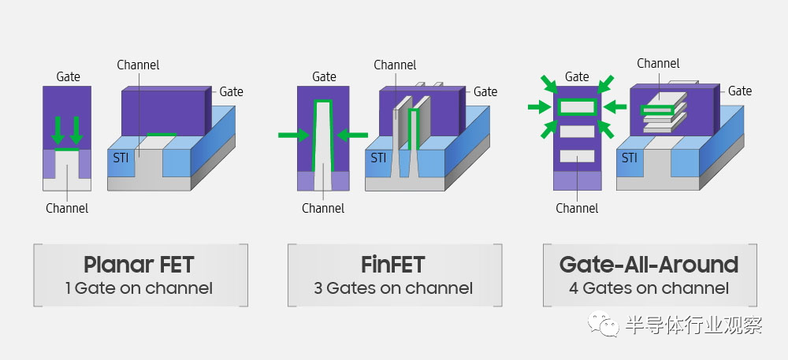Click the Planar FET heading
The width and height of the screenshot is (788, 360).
[139, 265]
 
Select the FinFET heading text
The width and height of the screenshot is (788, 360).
[393, 265]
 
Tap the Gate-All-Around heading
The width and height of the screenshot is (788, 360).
[649, 265]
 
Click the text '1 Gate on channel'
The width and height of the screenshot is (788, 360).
[139, 288]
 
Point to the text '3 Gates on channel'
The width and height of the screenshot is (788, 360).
[393, 288]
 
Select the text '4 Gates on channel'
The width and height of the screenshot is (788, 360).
[649, 288]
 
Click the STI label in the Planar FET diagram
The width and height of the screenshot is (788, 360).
[121, 158]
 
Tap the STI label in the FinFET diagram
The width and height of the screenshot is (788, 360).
[378, 158]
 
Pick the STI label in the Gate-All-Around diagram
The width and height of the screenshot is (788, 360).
[630, 158]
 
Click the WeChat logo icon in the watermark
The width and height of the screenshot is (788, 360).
[604, 324]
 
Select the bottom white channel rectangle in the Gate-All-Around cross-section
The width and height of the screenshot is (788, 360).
[577, 156]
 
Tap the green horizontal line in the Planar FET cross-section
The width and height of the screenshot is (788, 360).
[67, 149]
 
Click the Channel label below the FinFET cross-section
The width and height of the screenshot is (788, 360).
[323, 209]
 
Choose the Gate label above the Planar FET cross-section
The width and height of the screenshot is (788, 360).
[68, 77]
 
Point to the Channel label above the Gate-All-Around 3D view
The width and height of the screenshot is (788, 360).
[658, 64]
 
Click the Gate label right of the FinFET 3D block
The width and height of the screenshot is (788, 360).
[485, 92]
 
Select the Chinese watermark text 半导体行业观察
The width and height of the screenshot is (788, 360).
[694, 325]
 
